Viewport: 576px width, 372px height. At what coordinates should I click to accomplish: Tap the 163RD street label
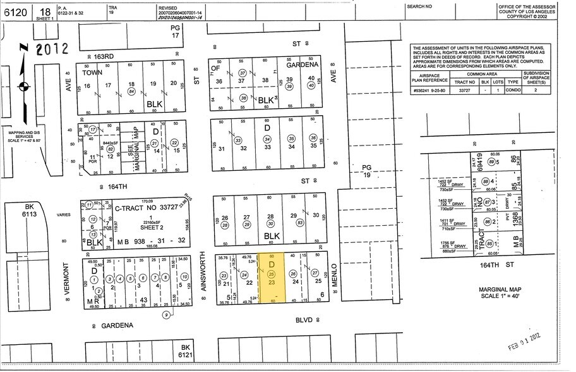pos(104,57)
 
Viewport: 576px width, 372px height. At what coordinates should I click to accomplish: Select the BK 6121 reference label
pos(185,352)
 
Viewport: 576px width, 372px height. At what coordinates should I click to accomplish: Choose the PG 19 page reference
pos(368,171)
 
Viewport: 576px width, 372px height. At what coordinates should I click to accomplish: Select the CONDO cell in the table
pos(513,90)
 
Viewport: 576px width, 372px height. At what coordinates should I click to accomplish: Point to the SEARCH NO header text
pos(419,6)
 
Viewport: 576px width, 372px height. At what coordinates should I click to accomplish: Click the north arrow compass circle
pos(24,85)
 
